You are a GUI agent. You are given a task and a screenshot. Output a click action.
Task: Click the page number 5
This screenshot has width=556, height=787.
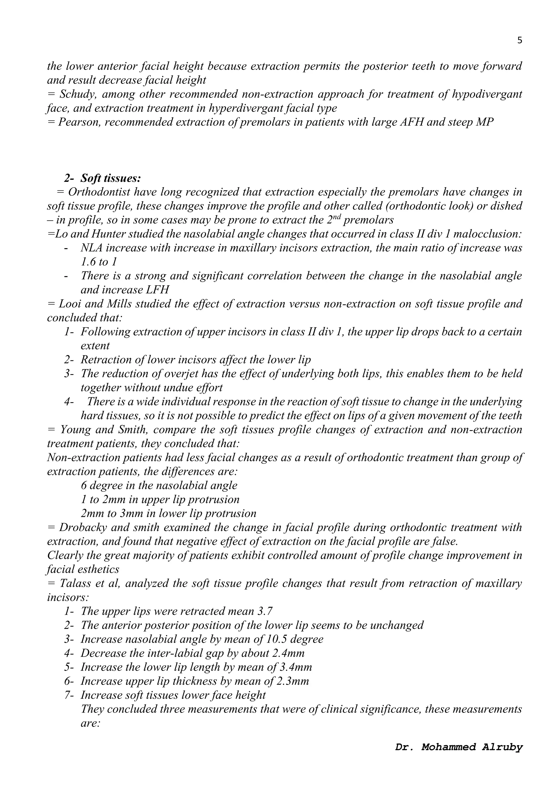point(520,40)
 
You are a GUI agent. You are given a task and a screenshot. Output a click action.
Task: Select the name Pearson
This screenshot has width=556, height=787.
point(79,122)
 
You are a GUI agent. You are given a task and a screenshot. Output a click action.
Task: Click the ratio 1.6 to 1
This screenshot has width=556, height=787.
point(99,262)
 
